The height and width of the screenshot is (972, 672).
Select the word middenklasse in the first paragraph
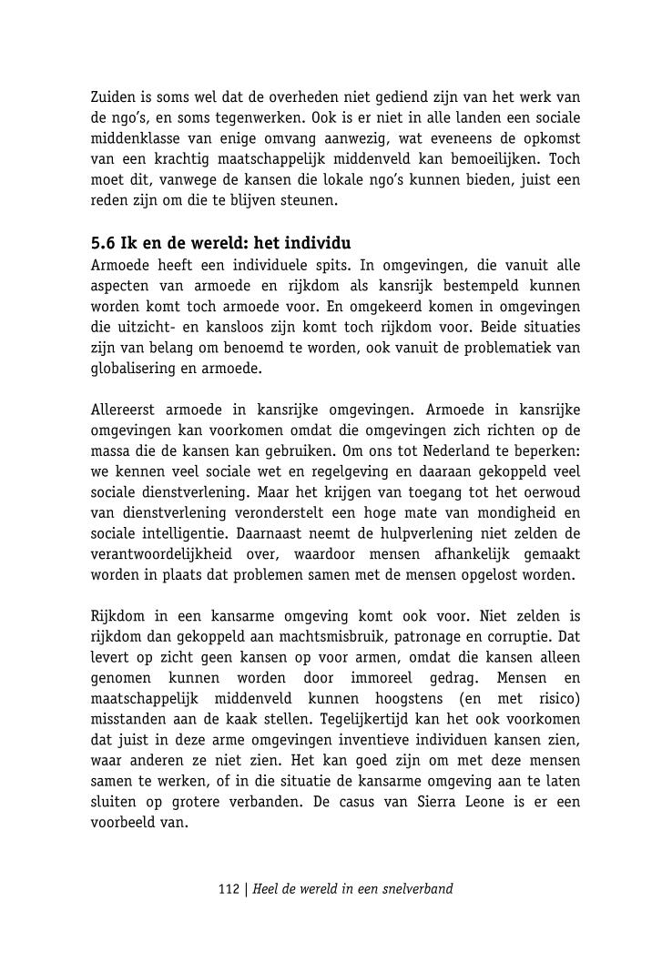tap(133, 138)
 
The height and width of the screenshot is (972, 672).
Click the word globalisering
tap(135, 368)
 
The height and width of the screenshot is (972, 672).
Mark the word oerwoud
tap(552, 492)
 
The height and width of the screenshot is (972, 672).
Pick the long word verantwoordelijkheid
tap(161, 554)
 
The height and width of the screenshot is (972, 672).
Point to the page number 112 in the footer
tap(228, 888)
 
